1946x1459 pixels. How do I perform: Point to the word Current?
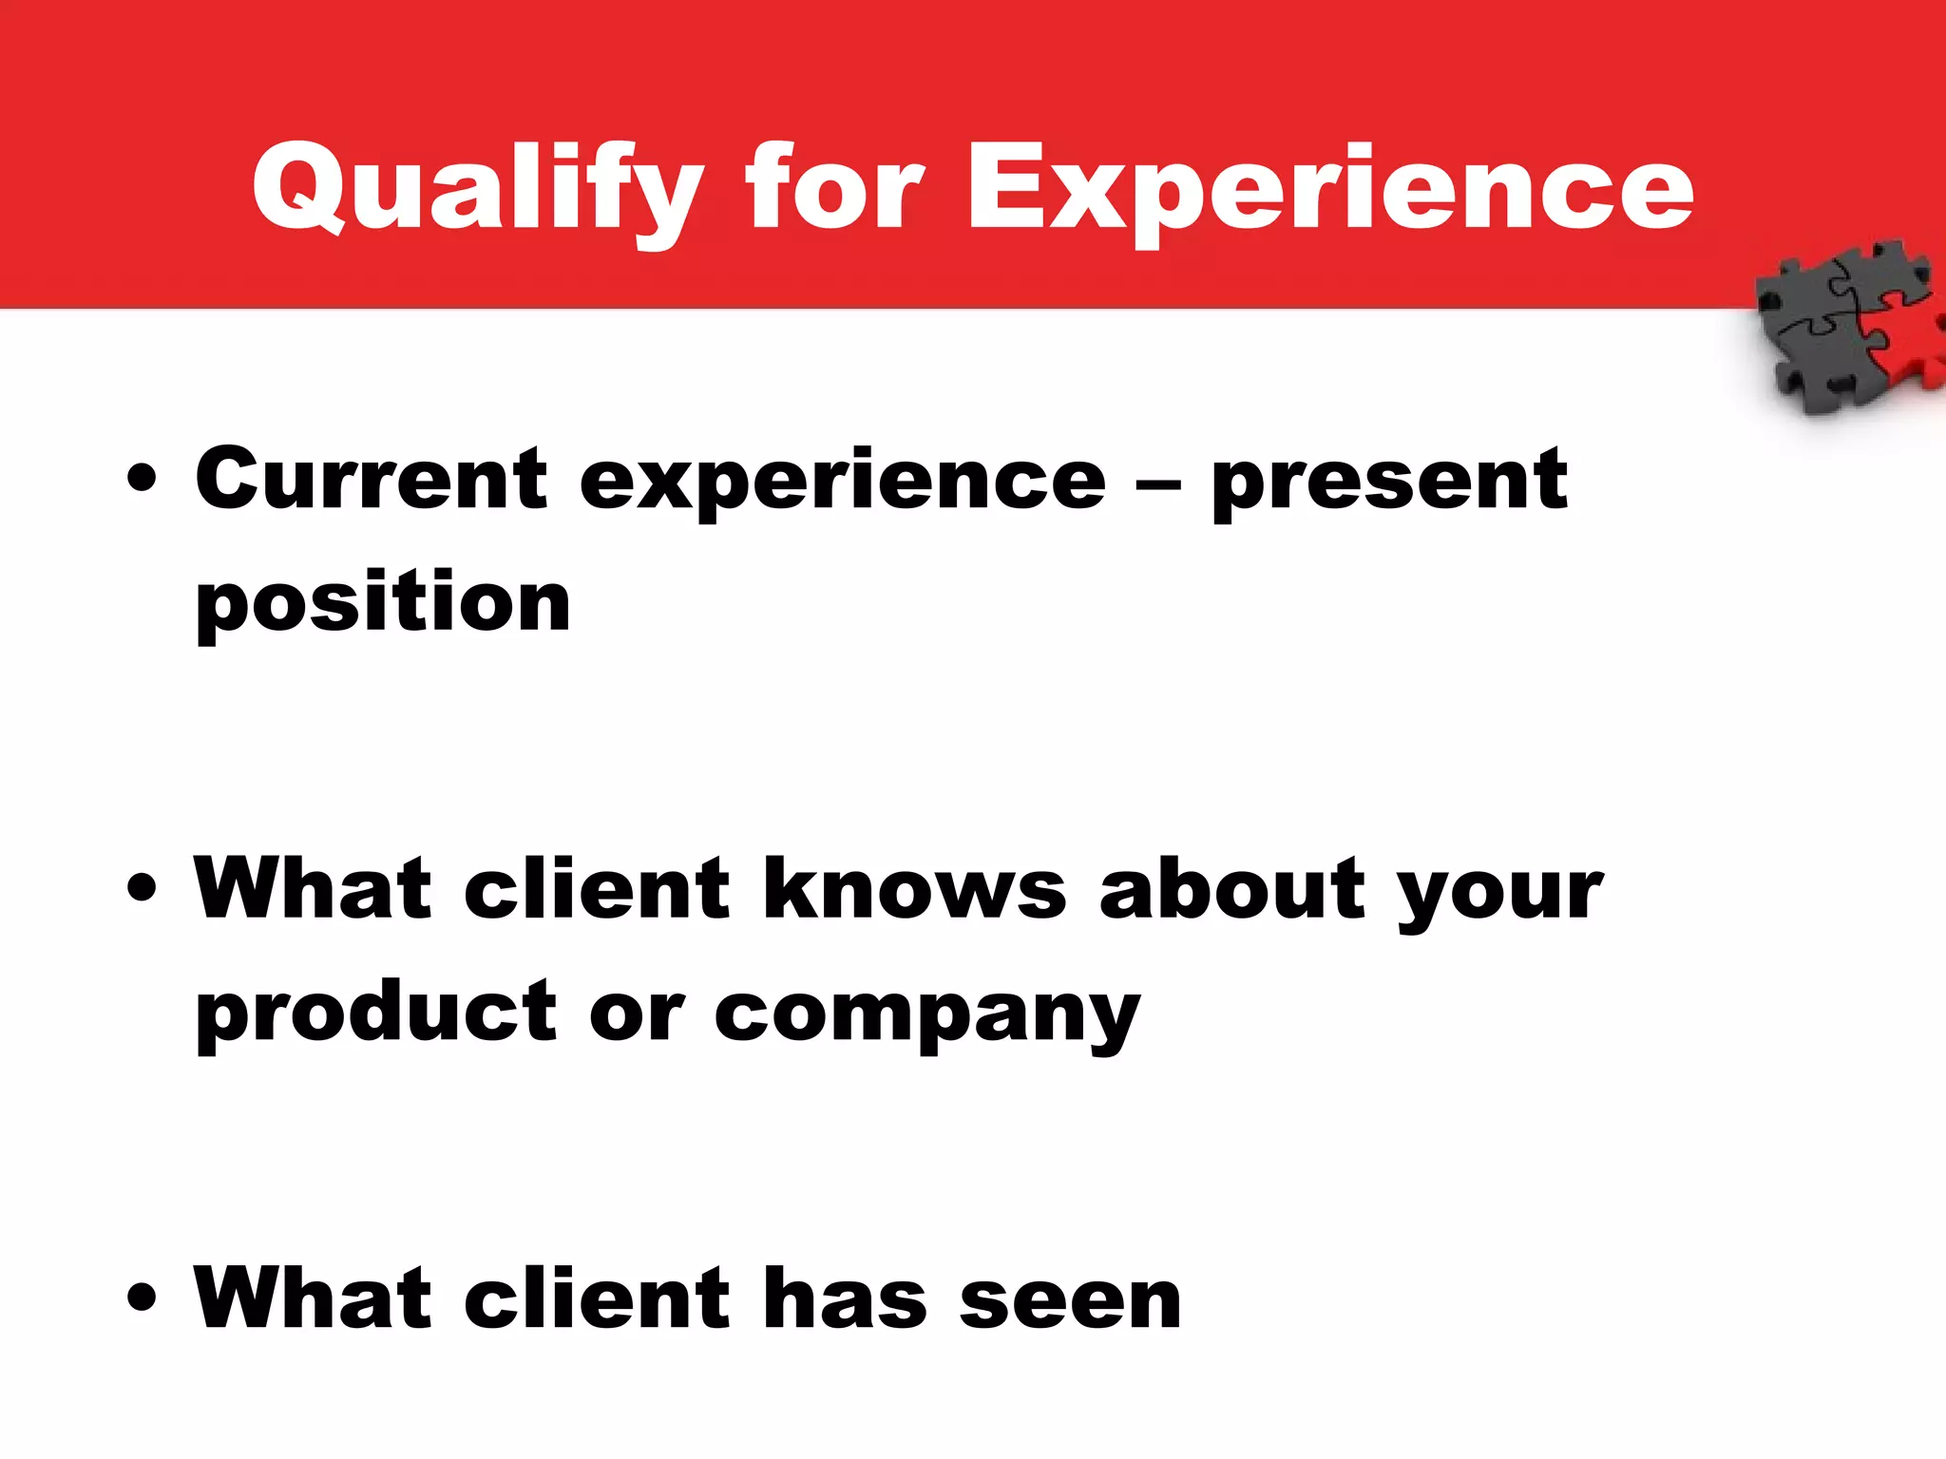372,479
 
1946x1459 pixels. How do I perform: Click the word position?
383,604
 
